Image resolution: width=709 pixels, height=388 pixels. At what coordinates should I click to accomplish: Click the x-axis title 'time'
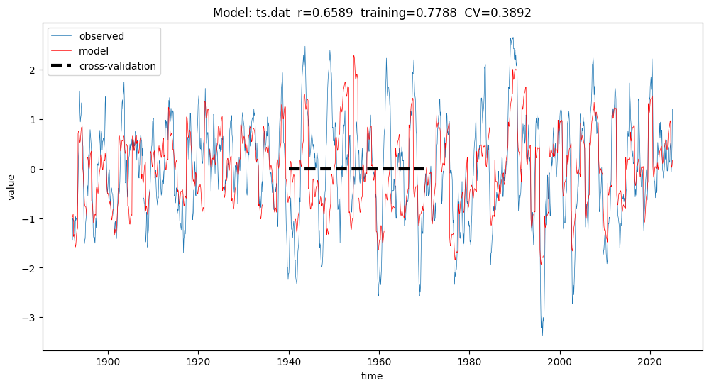[372, 376]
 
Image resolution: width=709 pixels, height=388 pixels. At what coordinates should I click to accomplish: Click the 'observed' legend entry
[100, 36]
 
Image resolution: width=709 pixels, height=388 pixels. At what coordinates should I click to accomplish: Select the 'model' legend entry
[93, 51]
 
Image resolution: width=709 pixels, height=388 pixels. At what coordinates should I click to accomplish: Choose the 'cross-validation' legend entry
[117, 67]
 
